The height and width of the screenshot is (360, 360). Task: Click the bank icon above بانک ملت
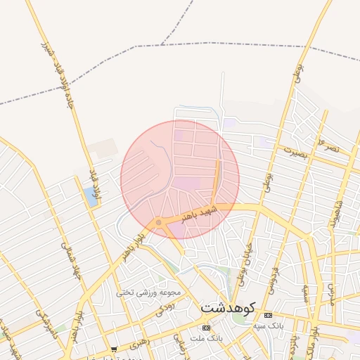(x=206, y=328)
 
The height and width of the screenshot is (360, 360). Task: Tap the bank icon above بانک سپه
(x=267, y=315)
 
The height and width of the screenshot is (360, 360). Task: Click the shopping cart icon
(x=114, y=349)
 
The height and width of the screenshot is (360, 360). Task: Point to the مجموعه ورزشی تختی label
(x=149, y=292)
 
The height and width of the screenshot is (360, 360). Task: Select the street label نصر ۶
(x=328, y=146)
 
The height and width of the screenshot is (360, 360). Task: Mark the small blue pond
(x=91, y=197)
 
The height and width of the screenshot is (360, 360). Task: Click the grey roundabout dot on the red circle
(x=159, y=223)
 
